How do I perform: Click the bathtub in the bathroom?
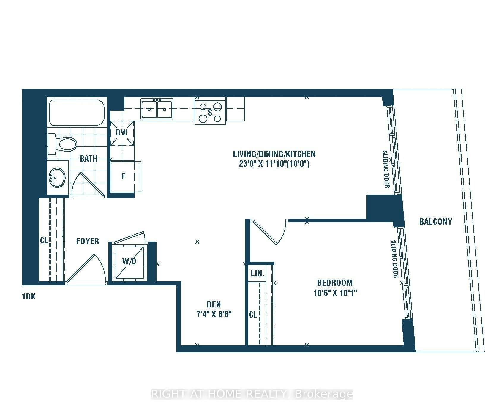point(77,112)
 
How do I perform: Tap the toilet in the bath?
point(62,144)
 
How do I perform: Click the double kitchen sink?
point(157,109)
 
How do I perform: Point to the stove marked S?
point(210,112)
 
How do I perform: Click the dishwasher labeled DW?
point(122,133)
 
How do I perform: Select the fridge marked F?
point(124,177)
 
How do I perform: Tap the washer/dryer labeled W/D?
point(129,261)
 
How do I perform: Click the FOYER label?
point(88,241)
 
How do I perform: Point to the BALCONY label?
point(436,221)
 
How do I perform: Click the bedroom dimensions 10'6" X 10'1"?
point(335,293)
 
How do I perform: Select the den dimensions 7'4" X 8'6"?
point(214,314)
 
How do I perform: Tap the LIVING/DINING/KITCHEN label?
point(274,154)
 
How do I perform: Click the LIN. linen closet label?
point(258,273)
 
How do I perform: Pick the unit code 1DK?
point(29,296)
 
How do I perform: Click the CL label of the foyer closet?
point(44,240)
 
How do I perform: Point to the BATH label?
point(89,159)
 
